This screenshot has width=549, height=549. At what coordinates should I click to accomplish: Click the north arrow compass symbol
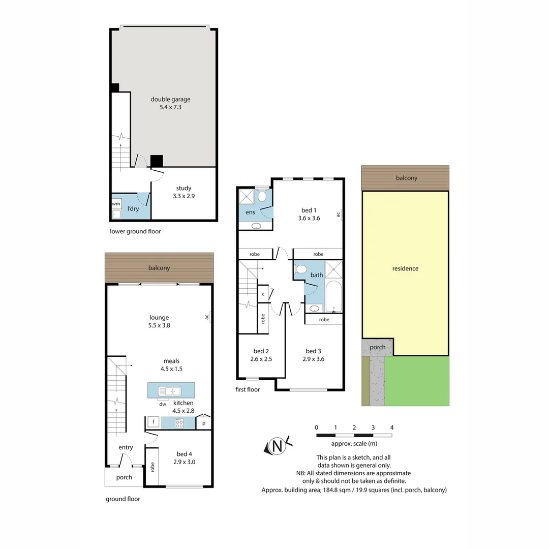point(278,446)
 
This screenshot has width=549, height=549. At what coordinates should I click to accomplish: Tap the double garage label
point(170,100)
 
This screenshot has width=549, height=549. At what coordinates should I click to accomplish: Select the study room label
point(184,188)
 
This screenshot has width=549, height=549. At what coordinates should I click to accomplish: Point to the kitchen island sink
point(170,391)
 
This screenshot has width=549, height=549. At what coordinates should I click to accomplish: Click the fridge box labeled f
point(152,422)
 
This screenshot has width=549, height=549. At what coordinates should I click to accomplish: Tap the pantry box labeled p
point(204,423)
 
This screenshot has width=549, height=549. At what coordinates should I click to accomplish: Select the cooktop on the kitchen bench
point(179,423)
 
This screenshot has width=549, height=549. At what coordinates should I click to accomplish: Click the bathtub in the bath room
point(334,296)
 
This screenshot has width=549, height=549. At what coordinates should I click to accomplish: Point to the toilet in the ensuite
point(262,196)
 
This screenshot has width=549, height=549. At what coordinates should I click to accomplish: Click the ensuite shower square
point(247,197)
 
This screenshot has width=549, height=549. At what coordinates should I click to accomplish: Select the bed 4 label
point(184,454)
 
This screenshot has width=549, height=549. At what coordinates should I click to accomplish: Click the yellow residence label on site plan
point(405,268)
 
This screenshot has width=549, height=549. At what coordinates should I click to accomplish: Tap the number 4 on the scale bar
point(391,427)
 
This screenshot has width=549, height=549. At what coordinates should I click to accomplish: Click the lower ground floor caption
point(135,231)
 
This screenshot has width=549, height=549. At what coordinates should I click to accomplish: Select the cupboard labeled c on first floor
point(263,294)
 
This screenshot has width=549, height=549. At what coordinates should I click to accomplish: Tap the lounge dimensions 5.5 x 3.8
point(159,325)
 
